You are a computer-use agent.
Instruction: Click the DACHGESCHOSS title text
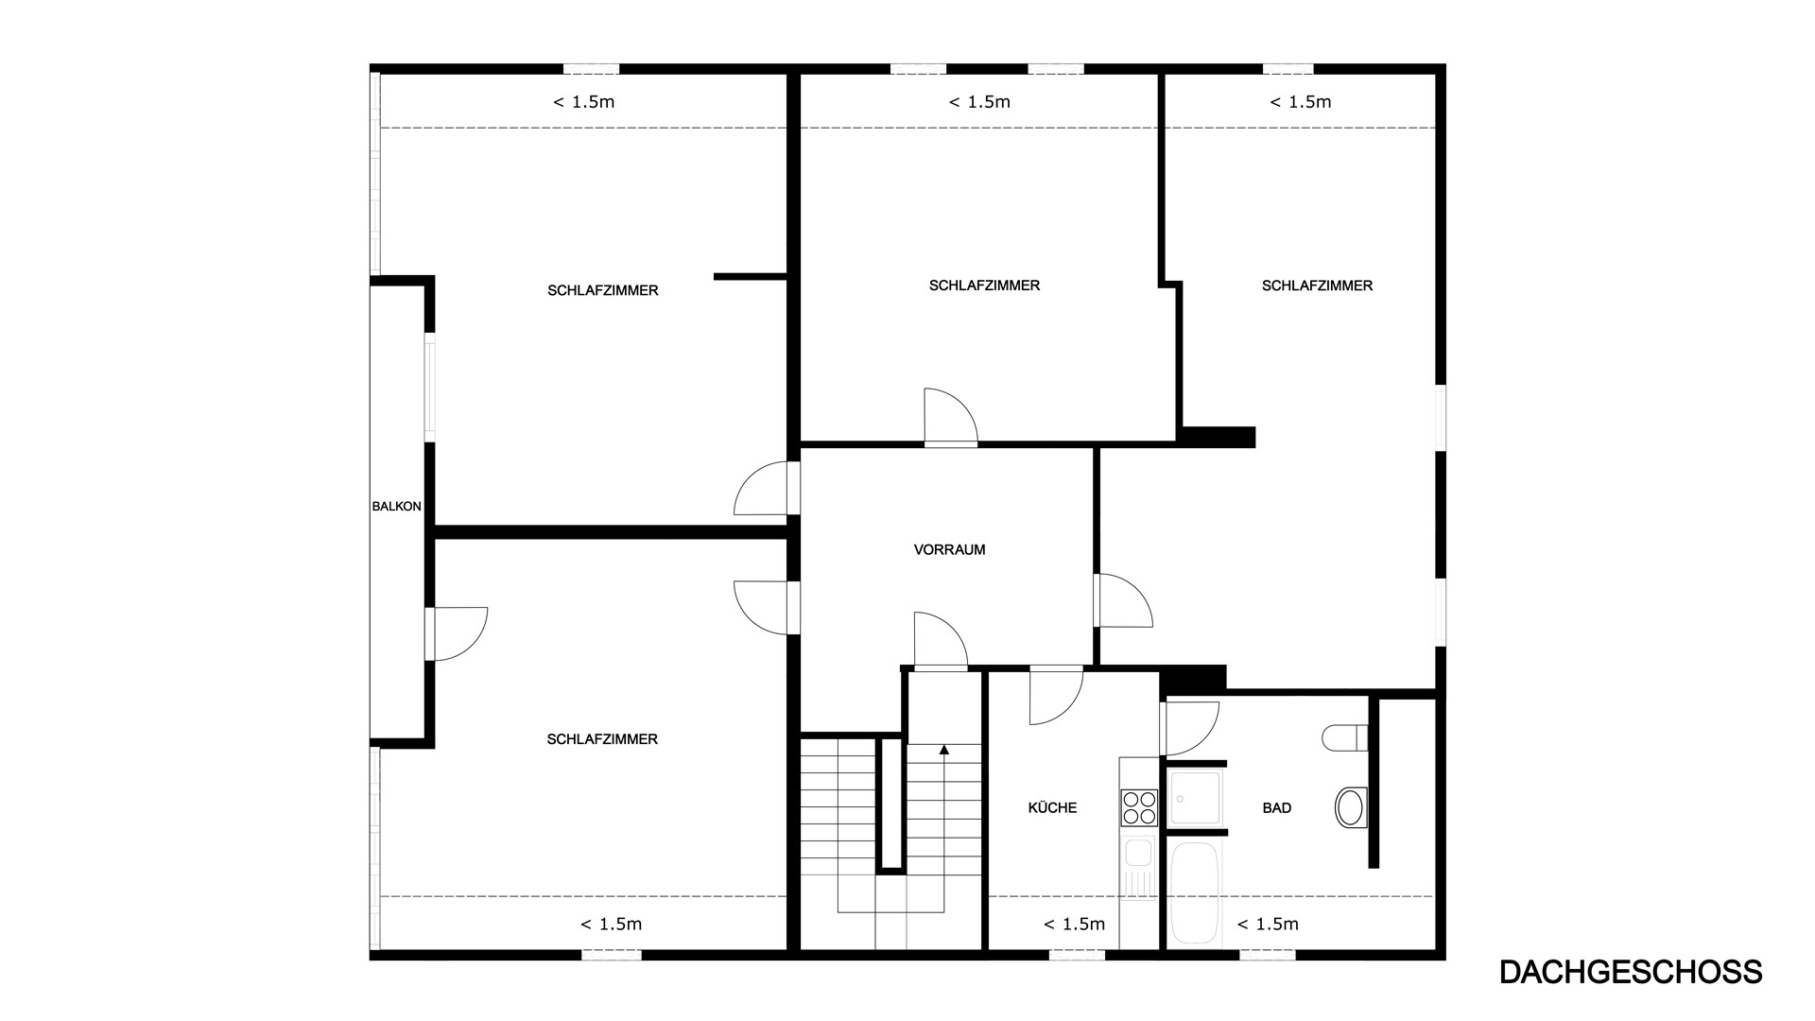pyautogui.click(x=1631, y=972)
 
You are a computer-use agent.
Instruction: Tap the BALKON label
pyautogui.click(x=397, y=507)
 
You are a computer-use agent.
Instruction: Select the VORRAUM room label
pyautogui.click(x=949, y=549)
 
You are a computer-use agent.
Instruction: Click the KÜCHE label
pyautogui.click(x=1052, y=807)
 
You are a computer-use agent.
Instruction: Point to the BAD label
pyautogui.click(x=1277, y=807)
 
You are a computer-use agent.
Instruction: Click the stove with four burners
pyautogui.click(x=1139, y=808)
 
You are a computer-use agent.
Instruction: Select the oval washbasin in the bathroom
pyautogui.click(x=1351, y=808)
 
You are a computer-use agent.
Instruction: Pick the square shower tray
pyautogui.click(x=1196, y=797)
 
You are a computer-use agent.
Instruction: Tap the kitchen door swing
pyautogui.click(x=1056, y=696)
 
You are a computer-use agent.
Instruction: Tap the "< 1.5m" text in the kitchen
pyautogui.click(x=1074, y=924)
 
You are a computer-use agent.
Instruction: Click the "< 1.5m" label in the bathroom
pyautogui.click(x=1268, y=924)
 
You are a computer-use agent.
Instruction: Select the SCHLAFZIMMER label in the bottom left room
pyautogui.click(x=602, y=739)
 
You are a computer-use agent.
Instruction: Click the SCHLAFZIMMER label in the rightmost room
pyautogui.click(x=1317, y=286)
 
